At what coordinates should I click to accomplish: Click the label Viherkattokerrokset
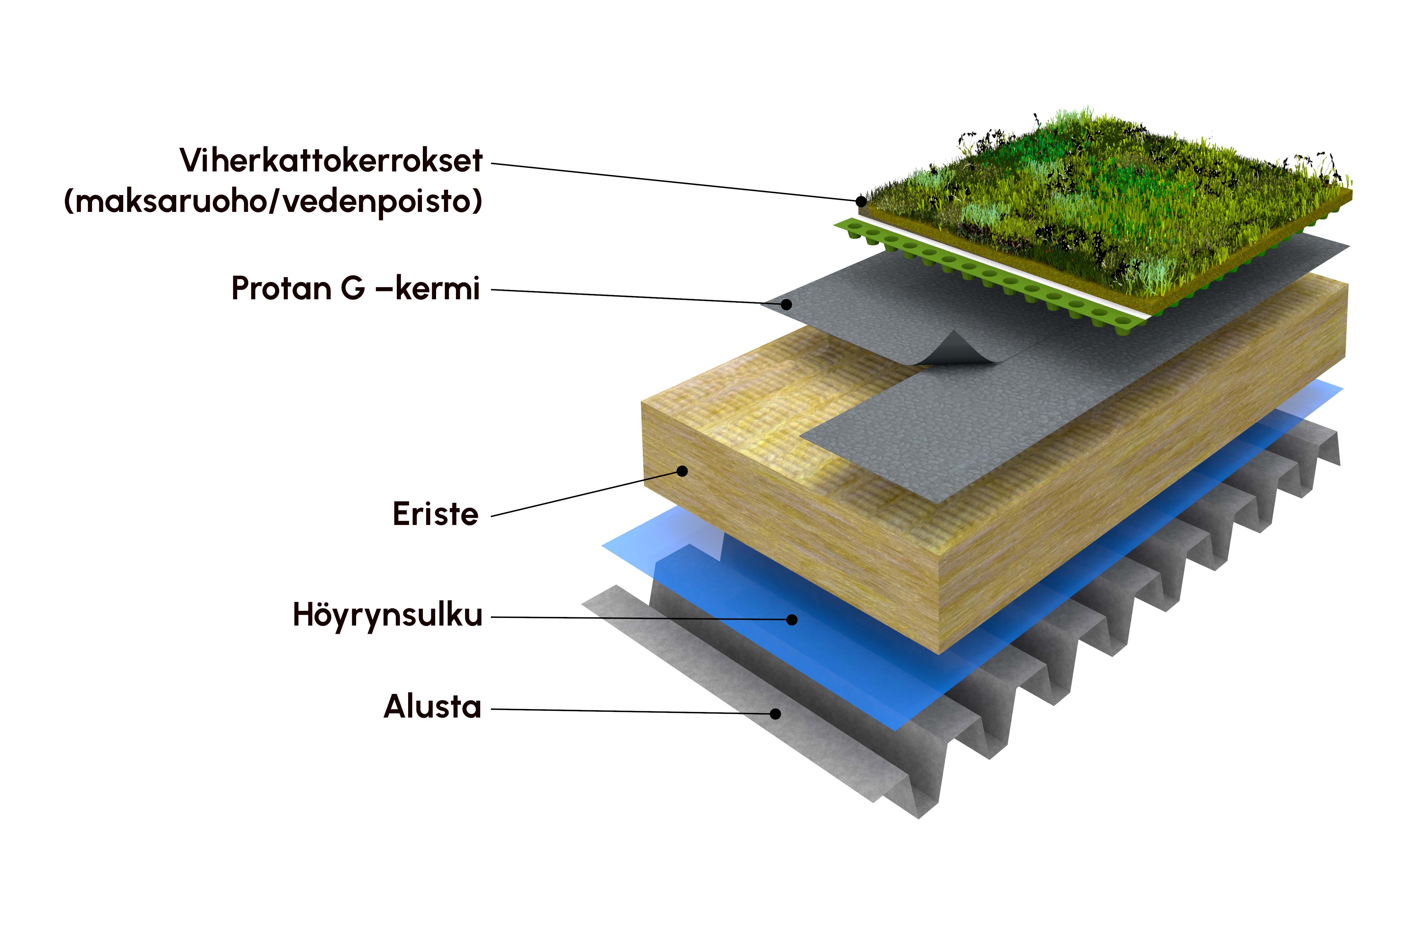pyautogui.click(x=331, y=160)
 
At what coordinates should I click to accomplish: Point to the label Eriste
pyautogui.click(x=435, y=514)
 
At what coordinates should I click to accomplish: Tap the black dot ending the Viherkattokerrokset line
pyautogui.click(x=861, y=201)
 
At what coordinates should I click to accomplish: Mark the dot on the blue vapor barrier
pyautogui.click(x=792, y=619)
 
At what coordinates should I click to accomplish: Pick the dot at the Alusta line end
pyautogui.click(x=776, y=714)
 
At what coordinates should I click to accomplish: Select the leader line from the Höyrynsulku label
pyautogui.click(x=642, y=618)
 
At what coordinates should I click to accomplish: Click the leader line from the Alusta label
pyautogui.click(x=633, y=711)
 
